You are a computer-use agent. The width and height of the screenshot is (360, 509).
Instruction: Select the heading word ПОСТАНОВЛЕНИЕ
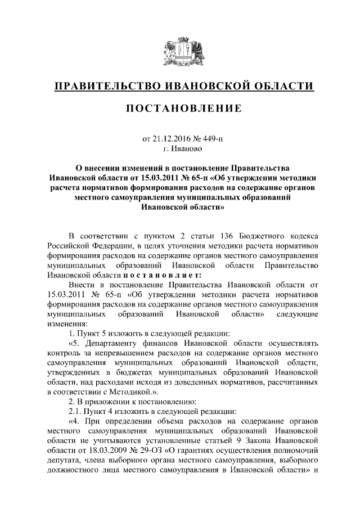pos(180,109)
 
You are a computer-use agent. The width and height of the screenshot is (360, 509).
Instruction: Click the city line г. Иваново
pos(180,149)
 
